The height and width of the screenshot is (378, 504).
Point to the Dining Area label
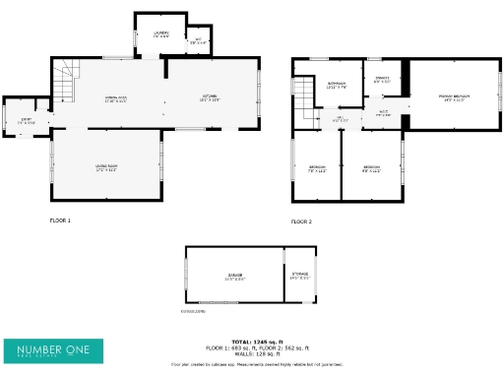click(x=116, y=97)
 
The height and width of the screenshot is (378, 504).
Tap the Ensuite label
click(x=382, y=79)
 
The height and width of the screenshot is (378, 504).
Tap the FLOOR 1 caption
click(x=60, y=220)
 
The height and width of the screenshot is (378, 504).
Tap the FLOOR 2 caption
click(x=301, y=222)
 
